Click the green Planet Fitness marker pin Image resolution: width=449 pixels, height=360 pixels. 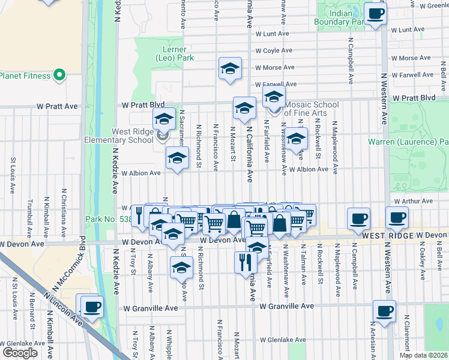(x=59, y=75)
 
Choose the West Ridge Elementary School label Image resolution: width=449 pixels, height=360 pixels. (x=132, y=136)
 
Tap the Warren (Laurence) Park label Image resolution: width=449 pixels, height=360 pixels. (x=408, y=142)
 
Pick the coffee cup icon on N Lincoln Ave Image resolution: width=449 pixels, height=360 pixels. (x=91, y=307)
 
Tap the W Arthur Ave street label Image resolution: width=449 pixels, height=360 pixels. (x=414, y=201)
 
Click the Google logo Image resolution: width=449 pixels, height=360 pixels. (x=20, y=353)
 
